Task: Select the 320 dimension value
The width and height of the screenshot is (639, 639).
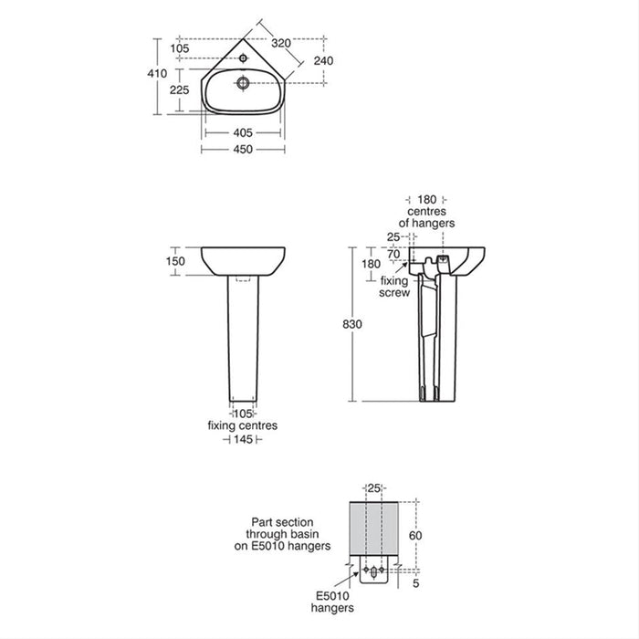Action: pyautogui.click(x=280, y=42)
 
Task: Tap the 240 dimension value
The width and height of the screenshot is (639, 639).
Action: pyautogui.click(x=323, y=60)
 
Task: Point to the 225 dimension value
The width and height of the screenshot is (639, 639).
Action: pyautogui.click(x=180, y=89)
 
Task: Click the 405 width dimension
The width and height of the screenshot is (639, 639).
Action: pyautogui.click(x=243, y=132)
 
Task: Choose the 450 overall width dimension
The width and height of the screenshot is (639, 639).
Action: pyautogui.click(x=243, y=149)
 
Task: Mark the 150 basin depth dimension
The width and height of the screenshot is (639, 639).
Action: pyautogui.click(x=176, y=261)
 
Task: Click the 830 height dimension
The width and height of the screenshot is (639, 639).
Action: pyautogui.click(x=339, y=326)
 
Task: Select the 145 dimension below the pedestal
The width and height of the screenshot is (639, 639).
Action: pyautogui.click(x=243, y=440)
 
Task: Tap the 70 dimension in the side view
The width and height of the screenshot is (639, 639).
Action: pyautogui.click(x=395, y=255)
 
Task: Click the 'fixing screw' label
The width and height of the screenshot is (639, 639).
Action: pyautogui.click(x=394, y=287)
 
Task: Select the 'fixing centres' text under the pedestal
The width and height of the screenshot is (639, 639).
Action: pyautogui.click(x=243, y=426)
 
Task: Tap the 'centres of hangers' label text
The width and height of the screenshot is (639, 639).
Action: pyautogui.click(x=427, y=217)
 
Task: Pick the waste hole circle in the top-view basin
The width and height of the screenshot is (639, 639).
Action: pyautogui.click(x=244, y=82)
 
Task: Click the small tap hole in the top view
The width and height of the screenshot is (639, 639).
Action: pyautogui.click(x=246, y=57)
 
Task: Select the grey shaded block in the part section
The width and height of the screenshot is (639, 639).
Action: pyautogui.click(x=377, y=529)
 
